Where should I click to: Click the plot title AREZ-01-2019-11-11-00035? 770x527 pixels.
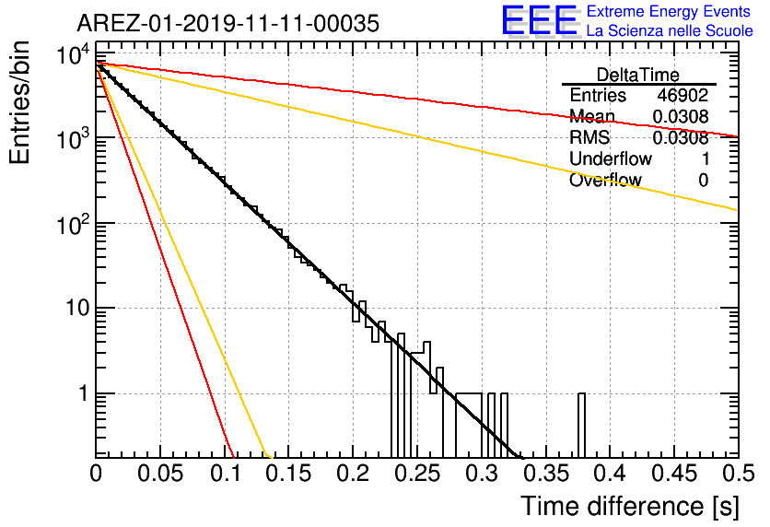point(228,23)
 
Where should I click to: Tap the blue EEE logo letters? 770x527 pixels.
point(540,20)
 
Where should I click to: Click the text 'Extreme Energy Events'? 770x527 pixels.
point(669,11)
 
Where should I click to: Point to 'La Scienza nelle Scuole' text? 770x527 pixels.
point(670,30)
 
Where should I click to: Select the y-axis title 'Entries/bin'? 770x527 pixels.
point(20,102)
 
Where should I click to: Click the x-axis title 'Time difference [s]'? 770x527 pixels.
point(630,506)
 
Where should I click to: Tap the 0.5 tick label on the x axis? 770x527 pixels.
point(739,474)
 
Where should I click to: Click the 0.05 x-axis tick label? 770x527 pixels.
point(160,474)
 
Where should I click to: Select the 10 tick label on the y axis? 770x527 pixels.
point(77,308)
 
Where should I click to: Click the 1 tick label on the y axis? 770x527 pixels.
point(84,393)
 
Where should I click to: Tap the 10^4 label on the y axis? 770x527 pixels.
point(74,54)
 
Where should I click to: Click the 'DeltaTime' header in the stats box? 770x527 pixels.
point(638,75)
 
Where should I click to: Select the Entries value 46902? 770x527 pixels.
point(683,95)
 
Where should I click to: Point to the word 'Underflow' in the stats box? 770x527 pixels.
point(611,158)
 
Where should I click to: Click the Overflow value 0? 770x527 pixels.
point(704,181)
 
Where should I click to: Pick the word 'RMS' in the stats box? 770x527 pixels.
point(589,137)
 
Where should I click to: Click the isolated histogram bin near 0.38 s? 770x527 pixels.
point(581,426)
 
